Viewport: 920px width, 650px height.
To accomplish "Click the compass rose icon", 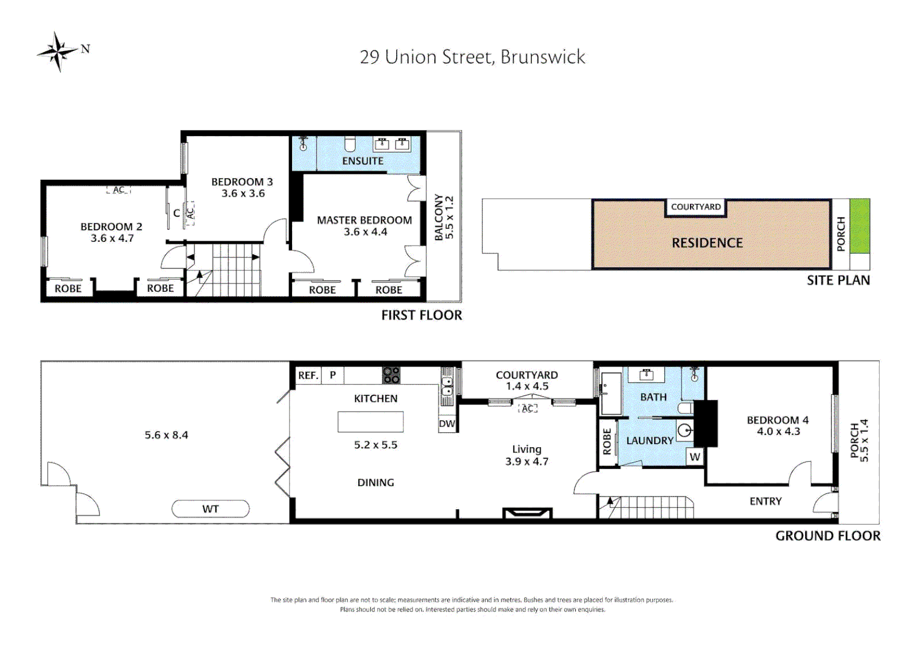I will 58,52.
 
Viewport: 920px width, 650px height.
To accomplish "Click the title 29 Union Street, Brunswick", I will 472,57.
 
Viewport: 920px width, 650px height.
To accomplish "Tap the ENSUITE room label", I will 362,161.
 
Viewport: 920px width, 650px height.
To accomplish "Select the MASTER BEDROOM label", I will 364,220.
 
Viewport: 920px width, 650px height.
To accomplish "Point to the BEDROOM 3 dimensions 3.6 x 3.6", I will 243,194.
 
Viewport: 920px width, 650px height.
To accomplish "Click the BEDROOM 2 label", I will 111,227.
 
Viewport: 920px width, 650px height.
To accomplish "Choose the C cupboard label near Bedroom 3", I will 176,213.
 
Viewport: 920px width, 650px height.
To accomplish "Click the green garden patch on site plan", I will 859,226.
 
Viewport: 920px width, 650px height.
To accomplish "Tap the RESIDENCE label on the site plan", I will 707,243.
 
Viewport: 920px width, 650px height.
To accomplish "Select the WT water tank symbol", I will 210,509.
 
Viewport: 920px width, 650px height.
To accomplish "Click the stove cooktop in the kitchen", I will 391,376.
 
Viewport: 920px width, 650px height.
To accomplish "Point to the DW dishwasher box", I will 447,424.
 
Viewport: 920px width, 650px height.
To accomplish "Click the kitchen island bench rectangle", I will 370,422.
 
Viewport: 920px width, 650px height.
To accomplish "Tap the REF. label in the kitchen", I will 308,376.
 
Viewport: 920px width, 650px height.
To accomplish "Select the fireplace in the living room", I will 527,513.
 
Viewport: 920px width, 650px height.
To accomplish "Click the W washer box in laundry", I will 695,457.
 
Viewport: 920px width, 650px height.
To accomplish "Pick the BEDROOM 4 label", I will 777,420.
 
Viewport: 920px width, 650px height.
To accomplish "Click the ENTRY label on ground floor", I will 765,501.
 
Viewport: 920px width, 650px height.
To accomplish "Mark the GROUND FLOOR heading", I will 827,536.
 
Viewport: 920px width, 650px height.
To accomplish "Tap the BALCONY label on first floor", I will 439,217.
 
